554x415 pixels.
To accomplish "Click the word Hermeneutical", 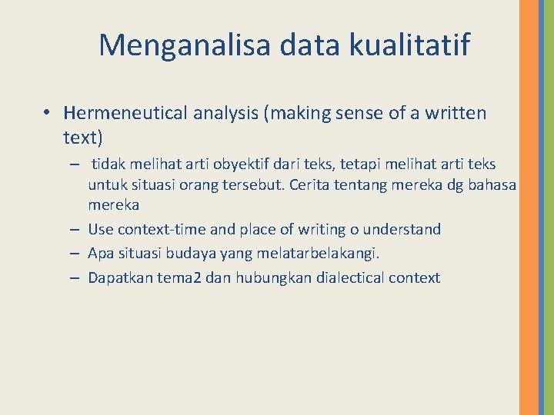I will pyautogui.click(x=125, y=114).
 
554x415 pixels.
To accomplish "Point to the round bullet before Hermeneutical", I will pyautogui.click(x=48, y=114).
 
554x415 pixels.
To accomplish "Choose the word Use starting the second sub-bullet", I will pyautogui.click(x=101, y=229).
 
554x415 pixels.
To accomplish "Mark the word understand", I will pyautogui.click(x=402, y=229).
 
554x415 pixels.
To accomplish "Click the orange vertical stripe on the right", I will pyautogui.click(x=529, y=207).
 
